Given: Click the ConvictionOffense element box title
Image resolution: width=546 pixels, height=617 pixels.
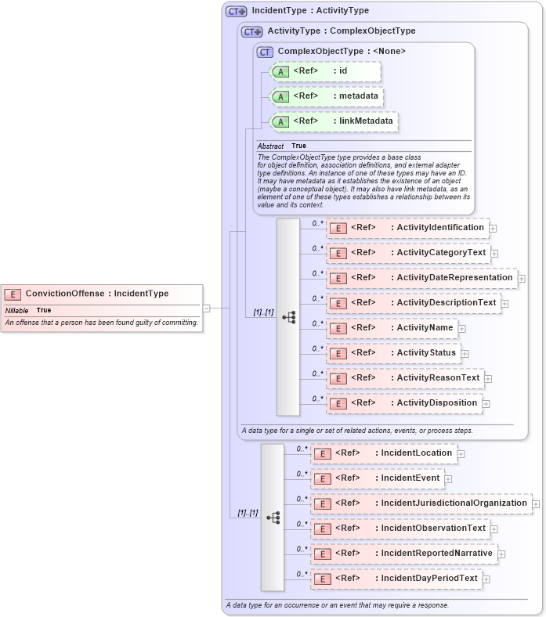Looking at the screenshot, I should click(96, 294).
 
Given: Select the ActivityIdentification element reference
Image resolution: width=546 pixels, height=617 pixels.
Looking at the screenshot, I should click(407, 228).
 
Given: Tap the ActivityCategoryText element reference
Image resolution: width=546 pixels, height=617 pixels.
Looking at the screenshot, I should click(408, 253).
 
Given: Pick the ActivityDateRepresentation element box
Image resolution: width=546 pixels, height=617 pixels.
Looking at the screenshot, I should click(421, 278).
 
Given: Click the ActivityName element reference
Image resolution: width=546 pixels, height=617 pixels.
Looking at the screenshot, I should click(392, 328).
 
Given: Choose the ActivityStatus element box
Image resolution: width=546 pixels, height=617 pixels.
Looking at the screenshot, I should click(392, 353).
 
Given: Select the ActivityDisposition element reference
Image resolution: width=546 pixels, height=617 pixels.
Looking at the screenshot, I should click(403, 403).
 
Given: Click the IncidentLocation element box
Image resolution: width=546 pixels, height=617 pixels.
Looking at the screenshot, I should click(384, 453).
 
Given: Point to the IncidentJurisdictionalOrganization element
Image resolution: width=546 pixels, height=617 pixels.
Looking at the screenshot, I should click(421, 503).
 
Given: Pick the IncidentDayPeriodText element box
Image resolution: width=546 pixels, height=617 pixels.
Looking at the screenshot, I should click(396, 579).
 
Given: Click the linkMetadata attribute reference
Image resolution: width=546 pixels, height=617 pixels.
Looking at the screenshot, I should click(334, 121).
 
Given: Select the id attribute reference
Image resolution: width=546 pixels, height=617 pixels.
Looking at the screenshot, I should click(324, 71).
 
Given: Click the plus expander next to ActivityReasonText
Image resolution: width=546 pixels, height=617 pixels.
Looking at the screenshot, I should click(488, 379).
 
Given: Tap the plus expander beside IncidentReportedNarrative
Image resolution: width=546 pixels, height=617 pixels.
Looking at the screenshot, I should click(501, 554).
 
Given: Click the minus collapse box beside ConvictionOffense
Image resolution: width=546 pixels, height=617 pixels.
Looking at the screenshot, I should click(206, 308).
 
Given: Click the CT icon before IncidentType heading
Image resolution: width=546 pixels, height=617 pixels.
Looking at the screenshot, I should click(236, 12).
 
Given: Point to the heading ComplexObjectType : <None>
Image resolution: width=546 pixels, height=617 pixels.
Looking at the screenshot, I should click(341, 52).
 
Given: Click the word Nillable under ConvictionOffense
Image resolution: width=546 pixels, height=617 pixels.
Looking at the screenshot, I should click(16, 311).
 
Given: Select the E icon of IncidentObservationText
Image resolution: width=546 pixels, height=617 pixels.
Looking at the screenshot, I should click(321, 529).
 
